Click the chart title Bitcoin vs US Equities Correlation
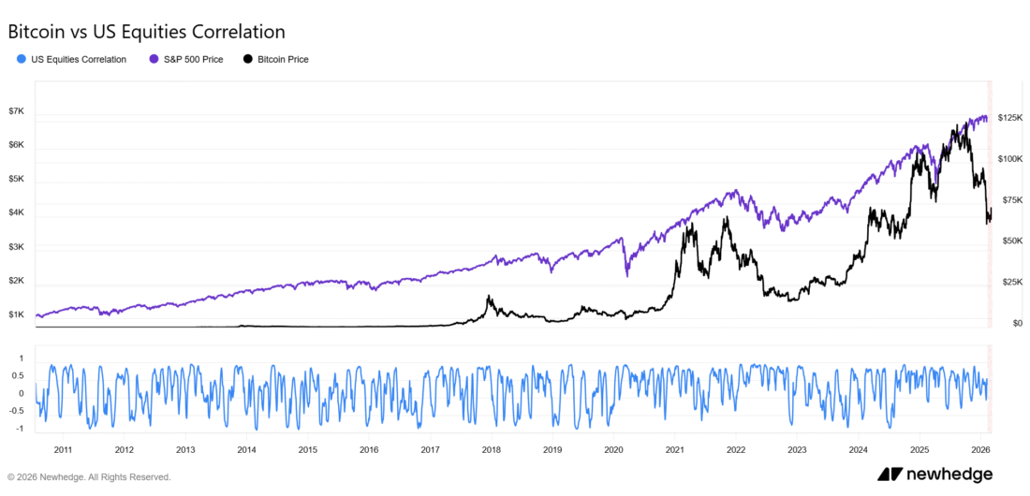[x=146, y=32]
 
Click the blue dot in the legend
[x=22, y=59]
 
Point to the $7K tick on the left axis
[x=16, y=111]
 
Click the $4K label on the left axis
[x=16, y=213]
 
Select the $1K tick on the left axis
[x=16, y=315]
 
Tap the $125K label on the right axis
[x=1011, y=118]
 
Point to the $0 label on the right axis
[x=1005, y=323]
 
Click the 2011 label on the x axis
[x=64, y=449]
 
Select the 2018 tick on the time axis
[x=491, y=449]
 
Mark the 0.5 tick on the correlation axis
[x=17, y=375]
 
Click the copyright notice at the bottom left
[x=89, y=476]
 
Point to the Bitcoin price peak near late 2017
[x=488, y=298]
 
